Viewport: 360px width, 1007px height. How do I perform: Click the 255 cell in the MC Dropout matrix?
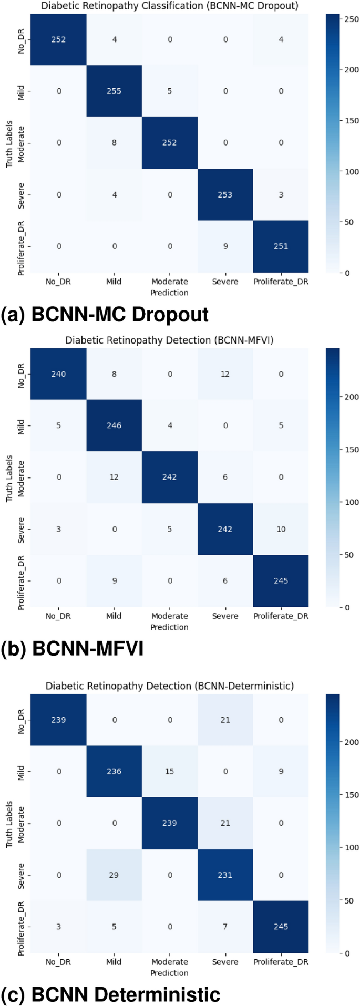(114, 91)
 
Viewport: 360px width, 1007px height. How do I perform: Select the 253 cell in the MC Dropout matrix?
(225, 194)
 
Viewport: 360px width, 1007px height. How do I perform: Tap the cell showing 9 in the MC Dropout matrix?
(225, 246)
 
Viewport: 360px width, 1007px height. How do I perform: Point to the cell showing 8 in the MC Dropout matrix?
(114, 143)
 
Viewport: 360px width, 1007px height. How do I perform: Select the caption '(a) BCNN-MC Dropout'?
(105, 315)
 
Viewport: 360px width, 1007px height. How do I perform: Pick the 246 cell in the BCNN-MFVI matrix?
(114, 425)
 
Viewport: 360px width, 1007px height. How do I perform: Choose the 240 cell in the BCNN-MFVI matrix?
(58, 374)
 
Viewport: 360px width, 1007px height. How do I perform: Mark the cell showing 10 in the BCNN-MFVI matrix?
(281, 529)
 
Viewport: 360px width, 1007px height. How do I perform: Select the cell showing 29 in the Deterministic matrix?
(114, 875)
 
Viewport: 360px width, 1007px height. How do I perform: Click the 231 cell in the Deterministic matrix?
(225, 875)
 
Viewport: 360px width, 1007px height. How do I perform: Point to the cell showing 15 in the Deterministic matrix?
(169, 772)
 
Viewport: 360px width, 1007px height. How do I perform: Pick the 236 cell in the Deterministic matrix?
(114, 772)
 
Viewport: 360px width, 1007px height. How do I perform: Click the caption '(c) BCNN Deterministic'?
(110, 995)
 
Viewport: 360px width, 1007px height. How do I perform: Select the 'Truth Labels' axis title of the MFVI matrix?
(9, 477)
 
